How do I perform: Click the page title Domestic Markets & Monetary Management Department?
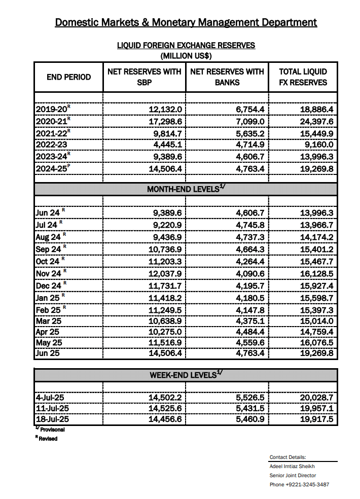coord(186,22)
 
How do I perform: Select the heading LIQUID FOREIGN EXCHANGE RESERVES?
coord(186,46)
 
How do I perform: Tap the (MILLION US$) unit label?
coord(186,55)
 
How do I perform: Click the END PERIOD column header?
coord(68,77)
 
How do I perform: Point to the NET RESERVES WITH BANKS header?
coord(227,77)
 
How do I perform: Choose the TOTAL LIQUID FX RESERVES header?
coord(303,77)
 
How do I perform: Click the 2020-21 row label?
coord(52,121)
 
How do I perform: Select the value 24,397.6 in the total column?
coord(315,121)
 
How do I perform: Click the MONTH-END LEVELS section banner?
coord(186,189)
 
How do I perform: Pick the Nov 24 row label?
coord(49,273)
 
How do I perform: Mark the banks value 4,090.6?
coord(247,273)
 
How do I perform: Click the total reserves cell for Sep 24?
coord(315,249)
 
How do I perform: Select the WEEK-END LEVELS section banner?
coord(186,375)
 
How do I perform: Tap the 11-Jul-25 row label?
coord(52,408)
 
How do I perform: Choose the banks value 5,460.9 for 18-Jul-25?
coord(247,419)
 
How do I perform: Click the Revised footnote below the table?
coord(48,439)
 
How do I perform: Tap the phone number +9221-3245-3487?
coord(299,484)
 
